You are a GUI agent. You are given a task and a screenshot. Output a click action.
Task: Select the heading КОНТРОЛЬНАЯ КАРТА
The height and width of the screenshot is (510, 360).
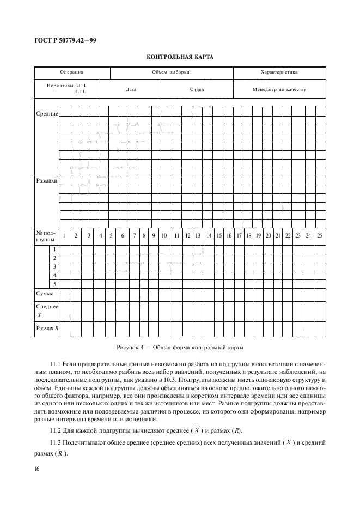click(180, 57)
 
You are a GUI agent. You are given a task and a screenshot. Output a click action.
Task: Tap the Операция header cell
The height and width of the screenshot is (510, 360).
click(71, 72)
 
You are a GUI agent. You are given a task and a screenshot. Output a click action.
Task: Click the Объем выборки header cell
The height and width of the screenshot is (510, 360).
click(171, 72)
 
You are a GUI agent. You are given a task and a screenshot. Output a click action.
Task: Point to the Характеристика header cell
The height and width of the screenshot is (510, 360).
click(279, 72)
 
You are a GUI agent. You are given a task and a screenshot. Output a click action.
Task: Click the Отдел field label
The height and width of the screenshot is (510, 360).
click(197, 89)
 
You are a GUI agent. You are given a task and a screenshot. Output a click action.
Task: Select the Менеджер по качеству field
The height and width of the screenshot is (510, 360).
click(279, 89)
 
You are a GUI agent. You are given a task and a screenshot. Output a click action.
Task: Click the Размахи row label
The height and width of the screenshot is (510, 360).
click(47, 180)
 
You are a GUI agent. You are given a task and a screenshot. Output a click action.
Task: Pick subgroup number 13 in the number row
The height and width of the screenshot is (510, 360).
click(198, 236)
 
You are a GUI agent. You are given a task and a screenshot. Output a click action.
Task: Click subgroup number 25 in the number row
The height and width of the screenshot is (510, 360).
click(319, 236)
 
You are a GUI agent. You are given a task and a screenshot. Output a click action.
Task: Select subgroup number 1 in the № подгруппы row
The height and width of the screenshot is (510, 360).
click(65, 236)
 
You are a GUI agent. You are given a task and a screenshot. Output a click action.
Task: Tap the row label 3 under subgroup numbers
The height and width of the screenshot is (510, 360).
click(54, 266)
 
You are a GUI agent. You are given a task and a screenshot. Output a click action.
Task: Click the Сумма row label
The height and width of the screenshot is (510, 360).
click(45, 294)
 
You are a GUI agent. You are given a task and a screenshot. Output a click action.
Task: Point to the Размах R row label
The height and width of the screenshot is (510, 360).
click(47, 329)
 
